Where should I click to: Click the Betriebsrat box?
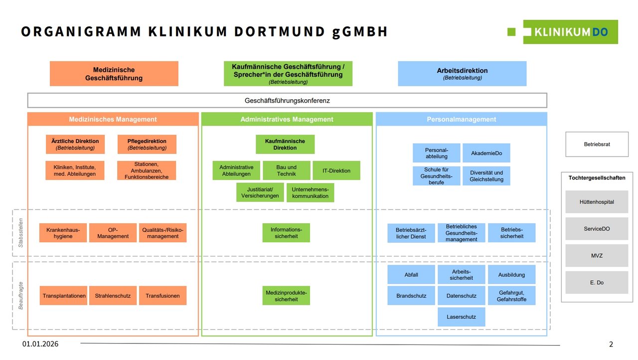coord(597,144)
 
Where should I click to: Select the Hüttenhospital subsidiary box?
coord(597,202)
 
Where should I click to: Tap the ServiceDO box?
coord(597,229)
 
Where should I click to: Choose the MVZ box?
coord(597,255)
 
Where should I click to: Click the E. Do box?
coord(597,282)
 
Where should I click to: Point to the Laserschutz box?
coord(462,317)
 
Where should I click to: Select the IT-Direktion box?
coord(336,171)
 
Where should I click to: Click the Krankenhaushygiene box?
coord(63,233)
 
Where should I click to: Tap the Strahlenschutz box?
coord(113,296)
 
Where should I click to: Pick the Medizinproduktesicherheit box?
coord(286,296)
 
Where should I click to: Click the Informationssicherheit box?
coord(286,233)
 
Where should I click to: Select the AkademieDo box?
coord(486,153)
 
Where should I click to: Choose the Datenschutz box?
coord(462,296)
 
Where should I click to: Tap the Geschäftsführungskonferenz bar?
coord(287,100)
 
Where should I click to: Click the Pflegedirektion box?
coord(147,144)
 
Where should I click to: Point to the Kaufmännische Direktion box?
coord(285,144)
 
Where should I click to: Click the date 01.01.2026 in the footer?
coord(43,344)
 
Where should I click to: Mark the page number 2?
coord(611,344)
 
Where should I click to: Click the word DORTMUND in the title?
coord(280,32)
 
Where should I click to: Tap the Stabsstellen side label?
coord(20,233)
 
